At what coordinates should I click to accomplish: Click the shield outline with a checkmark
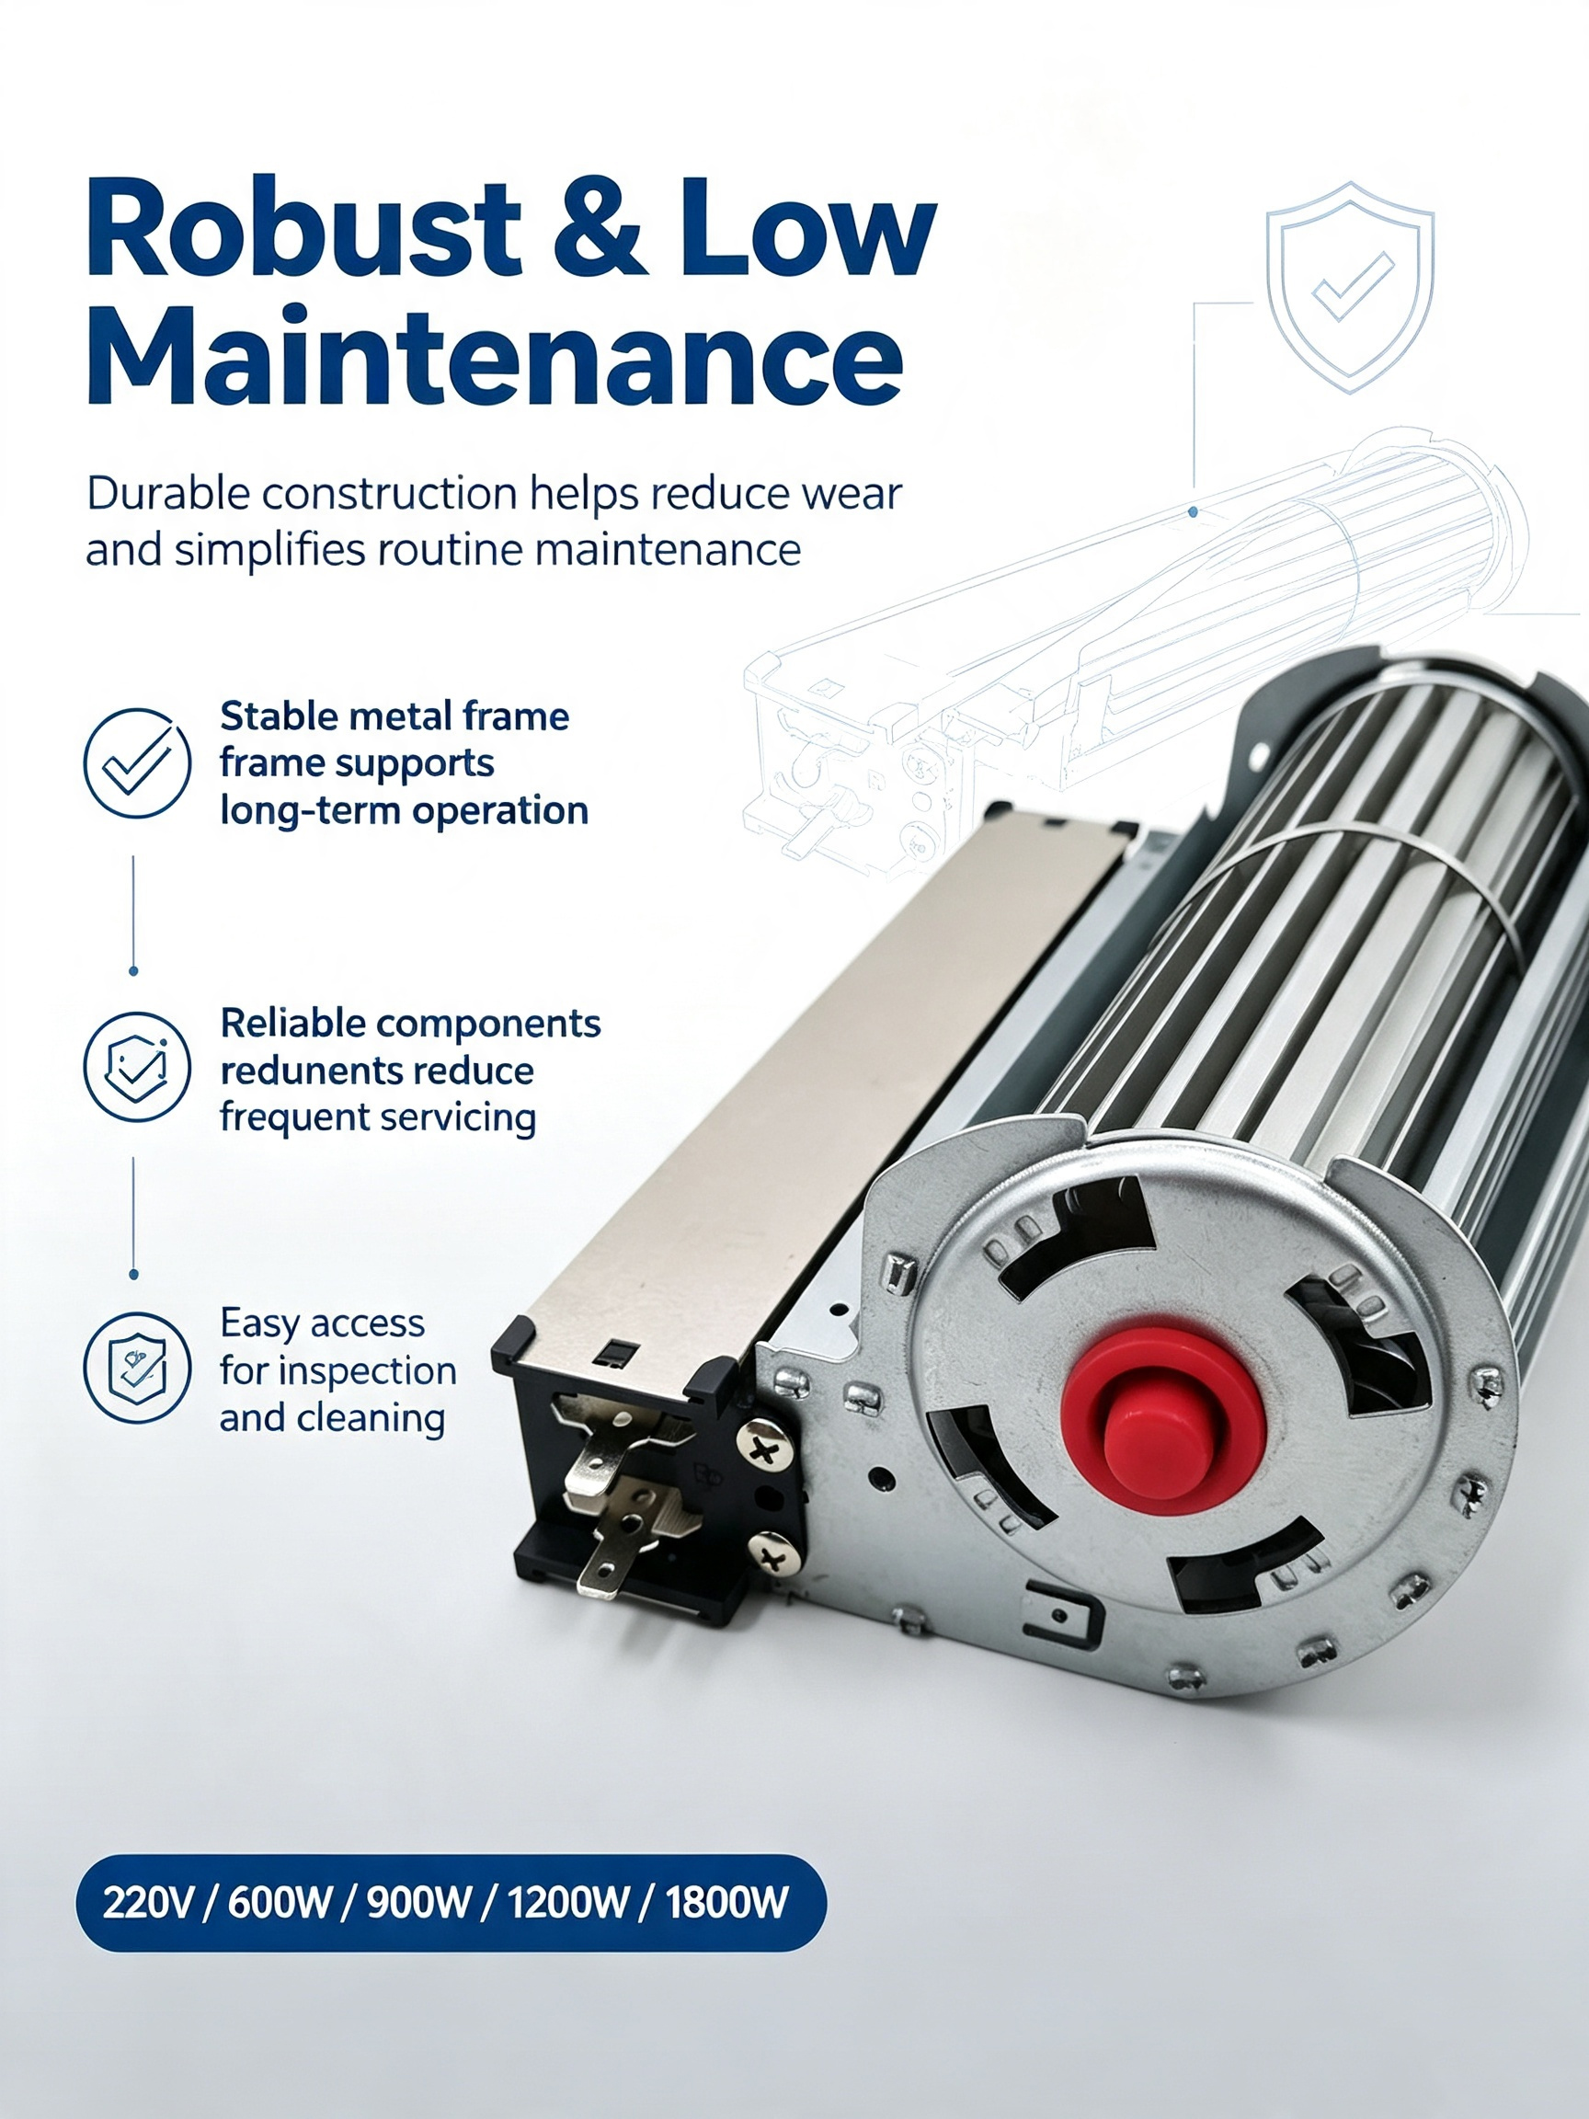coord(1350,286)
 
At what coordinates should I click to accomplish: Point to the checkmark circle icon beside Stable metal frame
coord(137,762)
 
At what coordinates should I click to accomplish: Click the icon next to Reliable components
coord(137,1066)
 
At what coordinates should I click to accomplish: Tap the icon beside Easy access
coord(137,1367)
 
